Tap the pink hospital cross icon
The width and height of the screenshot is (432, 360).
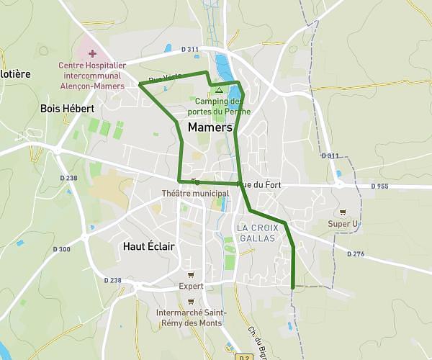(x=92, y=54)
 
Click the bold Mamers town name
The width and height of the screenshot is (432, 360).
(x=210, y=127)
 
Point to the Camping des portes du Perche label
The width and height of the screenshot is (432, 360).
(x=219, y=107)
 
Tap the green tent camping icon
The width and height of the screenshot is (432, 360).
(x=219, y=90)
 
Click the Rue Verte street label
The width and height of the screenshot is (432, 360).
(x=165, y=78)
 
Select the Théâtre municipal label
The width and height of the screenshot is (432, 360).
(x=195, y=193)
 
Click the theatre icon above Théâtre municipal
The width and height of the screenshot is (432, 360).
(x=195, y=181)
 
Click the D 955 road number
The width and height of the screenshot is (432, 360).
(x=380, y=186)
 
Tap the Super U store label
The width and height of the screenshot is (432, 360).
(x=343, y=223)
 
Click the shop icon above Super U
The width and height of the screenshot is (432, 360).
(x=343, y=212)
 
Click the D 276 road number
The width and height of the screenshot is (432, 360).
(x=356, y=253)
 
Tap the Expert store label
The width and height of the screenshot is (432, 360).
(x=191, y=286)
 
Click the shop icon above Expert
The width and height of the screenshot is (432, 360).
(x=191, y=274)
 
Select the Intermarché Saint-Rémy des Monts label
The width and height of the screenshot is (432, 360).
(x=191, y=318)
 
